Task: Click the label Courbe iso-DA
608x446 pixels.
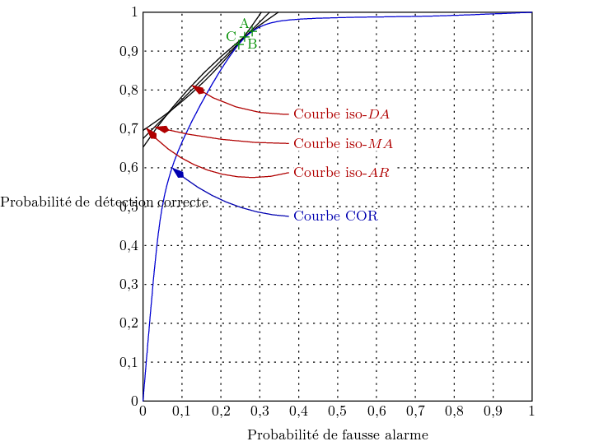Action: pyautogui.click(x=341, y=114)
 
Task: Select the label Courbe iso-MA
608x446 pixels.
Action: pyautogui.click(x=343, y=144)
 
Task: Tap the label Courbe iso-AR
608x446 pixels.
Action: pyautogui.click(x=341, y=173)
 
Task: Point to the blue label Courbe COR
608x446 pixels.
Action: pyautogui.click(x=335, y=217)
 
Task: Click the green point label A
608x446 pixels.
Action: pyautogui.click(x=244, y=24)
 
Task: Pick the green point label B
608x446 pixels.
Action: pyautogui.click(x=252, y=44)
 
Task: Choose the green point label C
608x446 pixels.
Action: pyautogui.click(x=231, y=37)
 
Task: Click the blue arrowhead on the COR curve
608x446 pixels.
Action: pyautogui.click(x=178, y=173)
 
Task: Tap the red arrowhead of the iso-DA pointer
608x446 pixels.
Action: pyautogui.click(x=199, y=90)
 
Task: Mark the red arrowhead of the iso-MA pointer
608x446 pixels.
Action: pyautogui.click(x=162, y=129)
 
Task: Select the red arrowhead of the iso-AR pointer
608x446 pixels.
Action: pyautogui.click(x=152, y=135)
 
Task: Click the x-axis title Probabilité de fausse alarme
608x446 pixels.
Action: pyautogui.click(x=338, y=434)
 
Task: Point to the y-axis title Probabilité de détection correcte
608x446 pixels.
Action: pyautogui.click(x=104, y=202)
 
